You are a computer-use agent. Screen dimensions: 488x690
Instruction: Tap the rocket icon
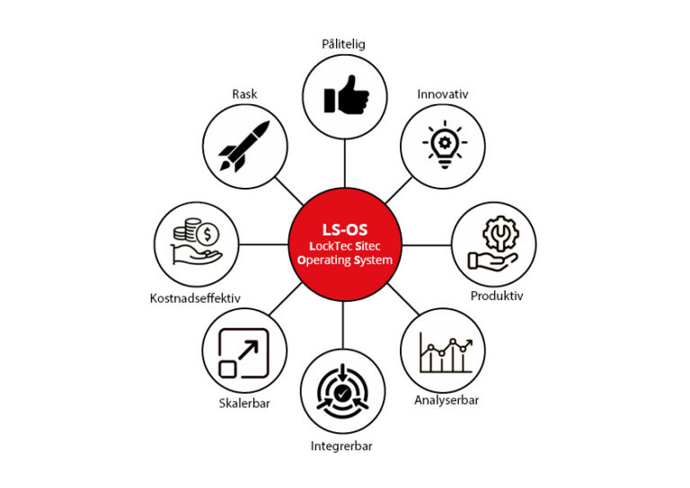tap(244, 146)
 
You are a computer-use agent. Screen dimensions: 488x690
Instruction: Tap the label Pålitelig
tap(344, 43)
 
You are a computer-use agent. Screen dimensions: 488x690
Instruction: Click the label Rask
tap(244, 93)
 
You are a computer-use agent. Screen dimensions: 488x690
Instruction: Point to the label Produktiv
tap(497, 295)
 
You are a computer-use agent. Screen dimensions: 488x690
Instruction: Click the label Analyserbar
tap(447, 400)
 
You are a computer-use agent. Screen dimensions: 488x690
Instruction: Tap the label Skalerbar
tap(243, 404)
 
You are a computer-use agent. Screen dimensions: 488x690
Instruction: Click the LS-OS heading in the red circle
tap(345, 227)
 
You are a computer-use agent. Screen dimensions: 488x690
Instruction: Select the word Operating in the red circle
tap(325, 260)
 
